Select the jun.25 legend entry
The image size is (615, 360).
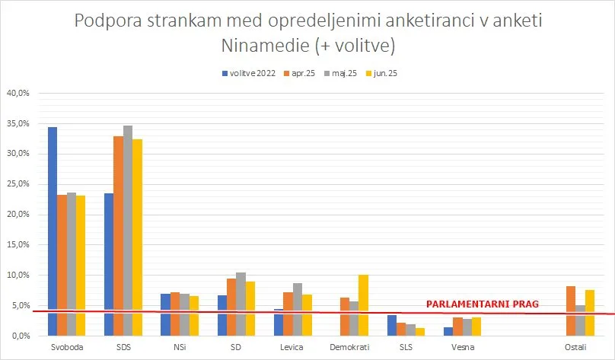[x=388, y=73]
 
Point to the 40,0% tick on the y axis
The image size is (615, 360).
[x=18, y=93]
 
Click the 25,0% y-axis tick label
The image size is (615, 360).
[x=18, y=184]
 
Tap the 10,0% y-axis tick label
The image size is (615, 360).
[x=18, y=275]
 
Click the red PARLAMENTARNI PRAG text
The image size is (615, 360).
[x=481, y=304]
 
